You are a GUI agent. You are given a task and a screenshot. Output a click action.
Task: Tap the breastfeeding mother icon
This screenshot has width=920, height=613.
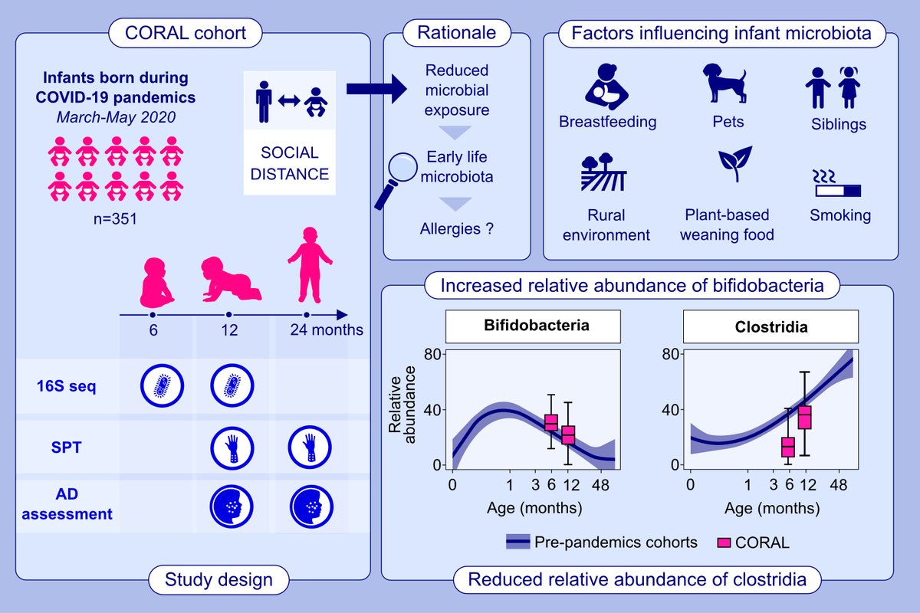607,85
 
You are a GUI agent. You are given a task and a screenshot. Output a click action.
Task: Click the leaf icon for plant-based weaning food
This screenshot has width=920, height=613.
728,165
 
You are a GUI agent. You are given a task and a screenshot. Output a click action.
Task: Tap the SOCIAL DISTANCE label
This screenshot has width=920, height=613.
290,165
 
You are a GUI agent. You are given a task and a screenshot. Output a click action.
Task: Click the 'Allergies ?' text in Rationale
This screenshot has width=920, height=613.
456,228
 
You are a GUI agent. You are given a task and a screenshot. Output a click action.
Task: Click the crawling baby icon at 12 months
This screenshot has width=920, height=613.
229,279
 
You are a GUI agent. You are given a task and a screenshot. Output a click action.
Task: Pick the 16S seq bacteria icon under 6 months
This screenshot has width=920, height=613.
162,385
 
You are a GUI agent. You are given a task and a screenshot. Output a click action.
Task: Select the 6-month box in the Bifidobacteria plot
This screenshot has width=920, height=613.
550,422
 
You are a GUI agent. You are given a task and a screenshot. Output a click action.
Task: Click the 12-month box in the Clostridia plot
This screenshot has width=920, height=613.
804,418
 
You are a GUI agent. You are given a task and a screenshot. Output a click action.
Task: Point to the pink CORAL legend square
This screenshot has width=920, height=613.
722,543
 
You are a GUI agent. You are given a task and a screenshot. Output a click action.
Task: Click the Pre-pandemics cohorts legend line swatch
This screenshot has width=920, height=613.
527,543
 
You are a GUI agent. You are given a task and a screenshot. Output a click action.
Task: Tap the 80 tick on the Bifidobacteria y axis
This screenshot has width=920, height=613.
433,354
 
